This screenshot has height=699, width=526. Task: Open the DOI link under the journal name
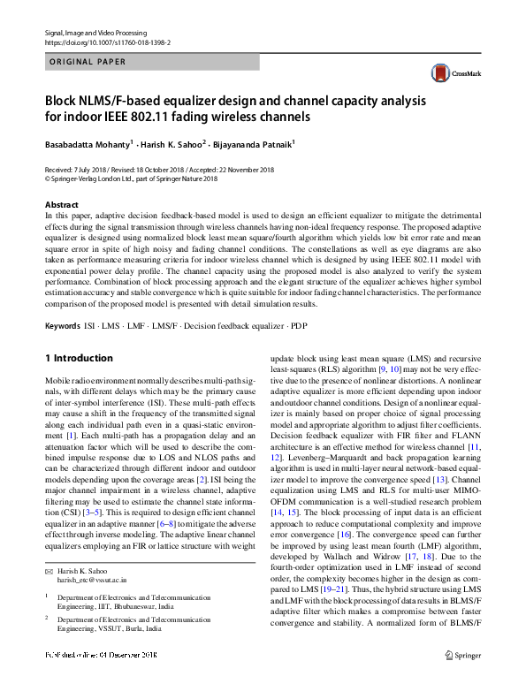coord(107,42)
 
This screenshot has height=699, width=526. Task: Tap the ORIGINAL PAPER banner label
coord(88,62)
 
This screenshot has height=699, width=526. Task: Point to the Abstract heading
coord(62,205)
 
